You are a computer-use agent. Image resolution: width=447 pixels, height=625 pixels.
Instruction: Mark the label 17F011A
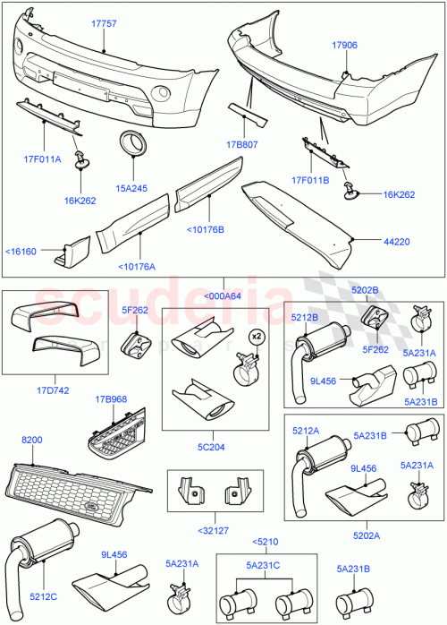(x=43, y=159)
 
